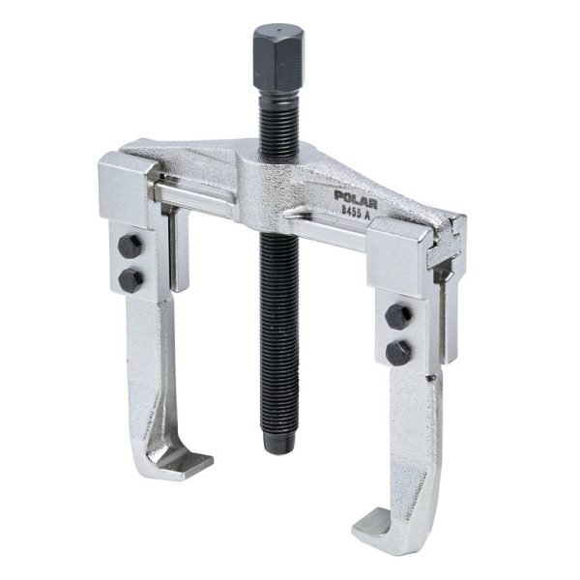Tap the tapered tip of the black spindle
tap(278, 443)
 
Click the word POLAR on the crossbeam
tap(356, 199)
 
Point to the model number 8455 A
tap(355, 215)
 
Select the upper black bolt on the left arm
tap(130, 245)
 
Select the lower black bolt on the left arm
tap(130, 280)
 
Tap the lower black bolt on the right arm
tap(398, 353)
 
